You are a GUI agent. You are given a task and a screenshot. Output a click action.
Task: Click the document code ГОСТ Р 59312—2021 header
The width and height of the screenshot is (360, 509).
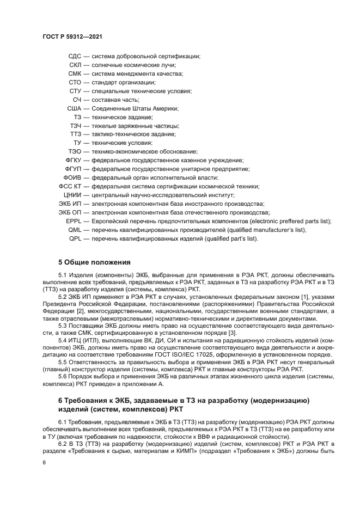tap(73, 36)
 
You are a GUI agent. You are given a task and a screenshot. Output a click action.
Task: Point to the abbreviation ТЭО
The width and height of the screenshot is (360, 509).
tap(75, 151)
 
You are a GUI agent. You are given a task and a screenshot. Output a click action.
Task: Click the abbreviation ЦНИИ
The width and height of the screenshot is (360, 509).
tap(72, 195)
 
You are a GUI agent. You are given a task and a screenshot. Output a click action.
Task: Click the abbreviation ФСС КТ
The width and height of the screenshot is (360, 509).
tap(70, 186)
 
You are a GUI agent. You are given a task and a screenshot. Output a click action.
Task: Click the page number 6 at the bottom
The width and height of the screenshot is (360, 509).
tap(44, 463)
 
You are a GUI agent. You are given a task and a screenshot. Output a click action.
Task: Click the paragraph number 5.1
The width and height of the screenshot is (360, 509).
tap(63, 275)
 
